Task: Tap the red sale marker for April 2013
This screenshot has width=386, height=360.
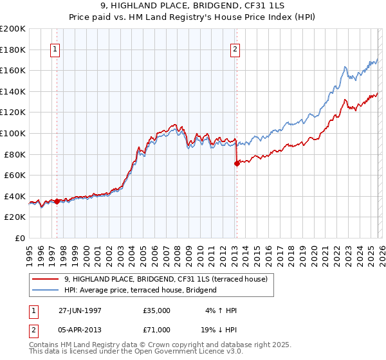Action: point(237,163)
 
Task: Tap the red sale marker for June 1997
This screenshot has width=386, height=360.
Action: point(57,201)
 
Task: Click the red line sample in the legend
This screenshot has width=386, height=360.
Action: point(46,279)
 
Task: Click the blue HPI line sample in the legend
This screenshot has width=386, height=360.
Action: point(46,290)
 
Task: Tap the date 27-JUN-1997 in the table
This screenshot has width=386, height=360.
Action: point(79,310)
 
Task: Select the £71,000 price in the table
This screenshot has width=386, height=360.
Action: point(157,329)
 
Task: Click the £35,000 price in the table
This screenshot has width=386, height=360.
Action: point(157,310)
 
